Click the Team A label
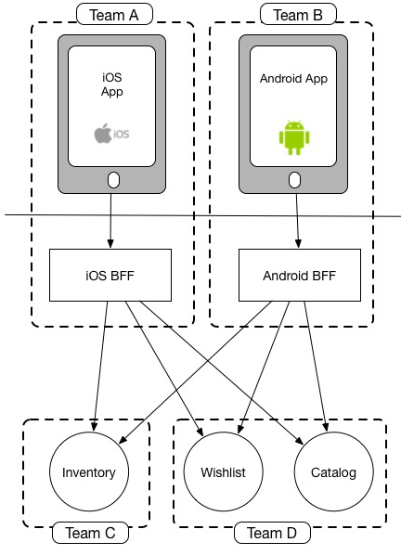click(114, 15)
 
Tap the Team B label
click(298, 15)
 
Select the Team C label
click(90, 533)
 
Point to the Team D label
click(272, 533)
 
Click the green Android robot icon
click(294, 137)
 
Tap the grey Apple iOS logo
click(111, 134)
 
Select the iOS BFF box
click(110, 275)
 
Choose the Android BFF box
click(300, 275)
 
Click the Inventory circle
click(89, 471)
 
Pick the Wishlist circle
click(223, 471)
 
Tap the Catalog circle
click(334, 471)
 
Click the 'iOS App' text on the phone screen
click(111, 84)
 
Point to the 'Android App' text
click(293, 79)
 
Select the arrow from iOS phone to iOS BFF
click(110, 221)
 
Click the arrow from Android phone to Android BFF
click(297, 221)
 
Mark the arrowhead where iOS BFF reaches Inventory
click(94, 426)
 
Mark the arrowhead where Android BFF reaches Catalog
click(326, 427)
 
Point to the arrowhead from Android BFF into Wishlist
click(240, 428)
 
